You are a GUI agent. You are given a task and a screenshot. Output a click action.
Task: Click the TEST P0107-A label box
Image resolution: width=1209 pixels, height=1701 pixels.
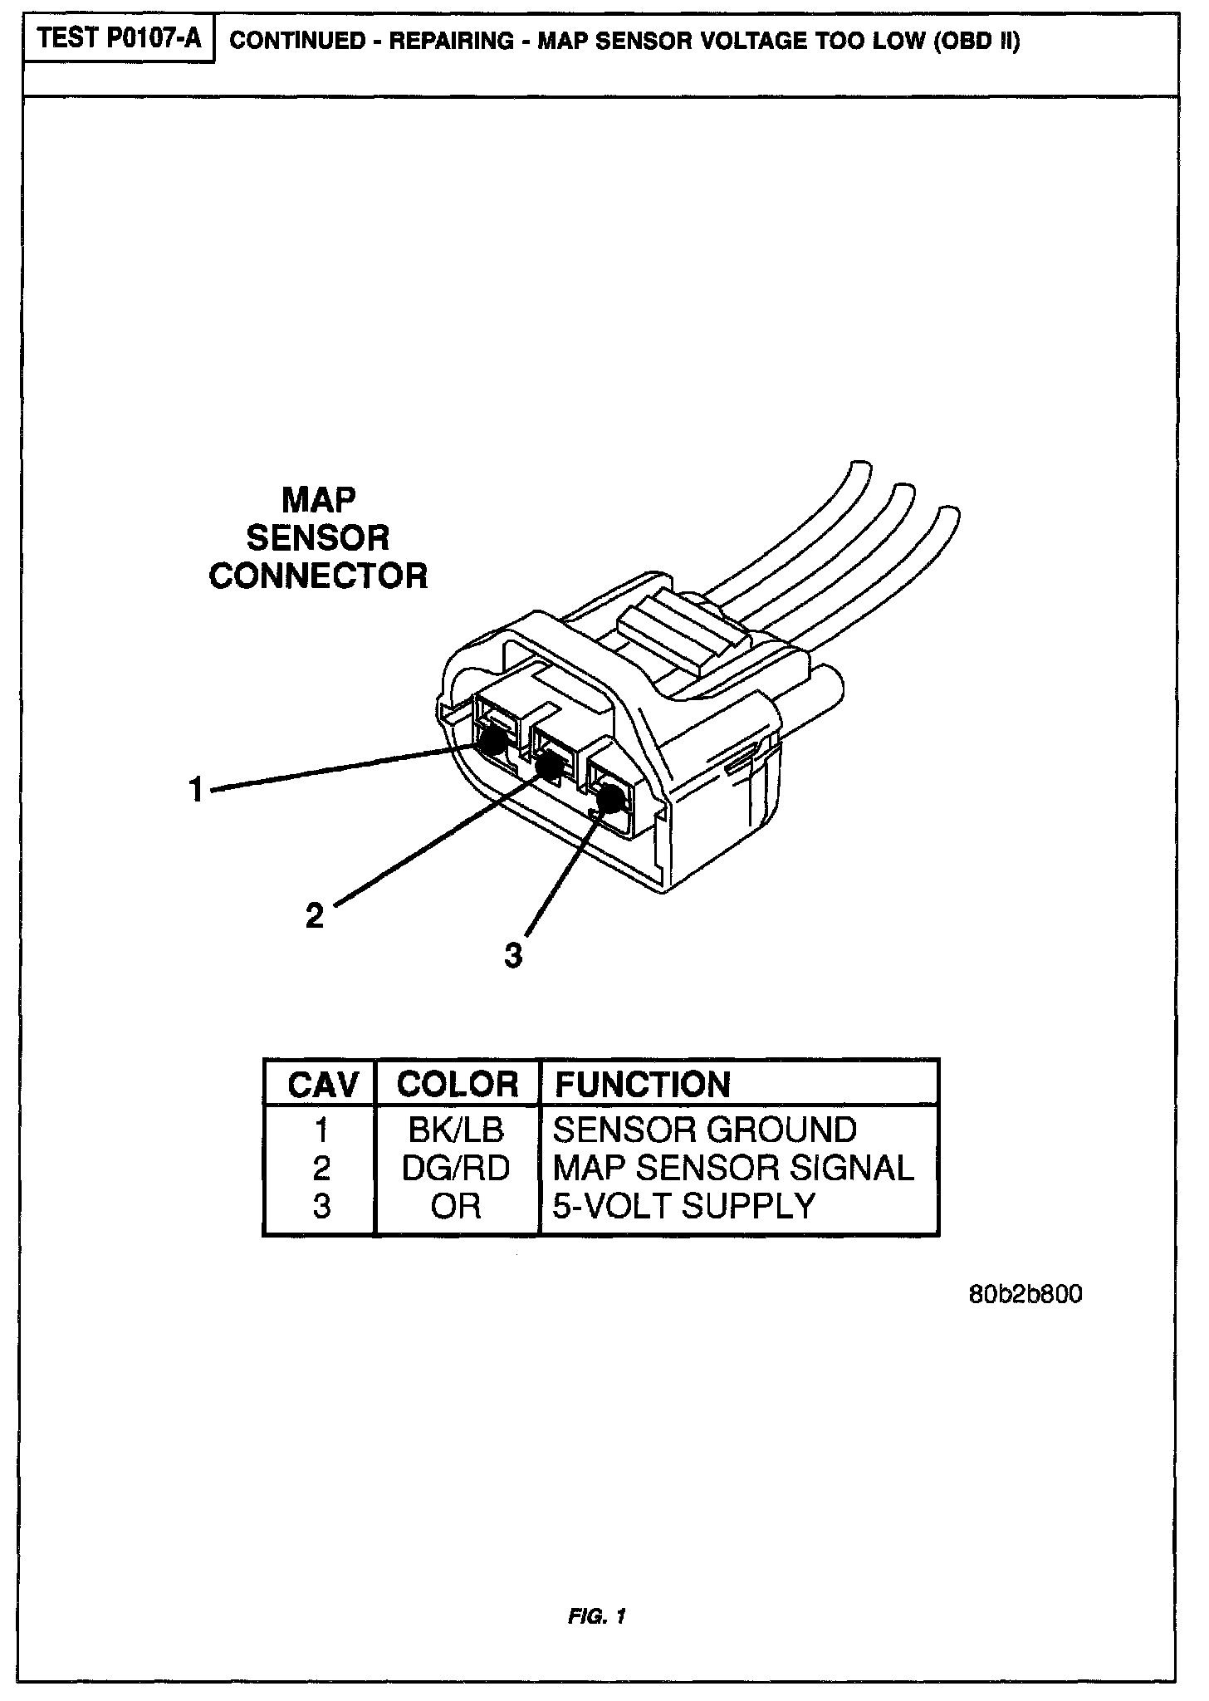(120, 40)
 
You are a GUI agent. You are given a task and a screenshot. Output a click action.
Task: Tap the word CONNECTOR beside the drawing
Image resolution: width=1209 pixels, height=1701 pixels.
(318, 576)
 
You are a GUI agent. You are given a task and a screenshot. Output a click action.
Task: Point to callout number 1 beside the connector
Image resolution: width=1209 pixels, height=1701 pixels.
(196, 789)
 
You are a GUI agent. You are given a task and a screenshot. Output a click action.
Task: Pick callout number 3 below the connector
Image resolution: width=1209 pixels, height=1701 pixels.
(514, 956)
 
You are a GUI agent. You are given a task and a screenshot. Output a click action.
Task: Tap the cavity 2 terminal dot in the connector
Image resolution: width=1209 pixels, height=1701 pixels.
(548, 766)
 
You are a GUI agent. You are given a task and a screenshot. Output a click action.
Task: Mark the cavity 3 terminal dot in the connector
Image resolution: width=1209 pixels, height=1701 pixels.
(610, 799)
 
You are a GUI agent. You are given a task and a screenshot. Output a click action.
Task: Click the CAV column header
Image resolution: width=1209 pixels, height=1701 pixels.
(322, 1085)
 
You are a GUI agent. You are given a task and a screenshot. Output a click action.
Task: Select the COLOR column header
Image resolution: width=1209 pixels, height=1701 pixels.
(457, 1084)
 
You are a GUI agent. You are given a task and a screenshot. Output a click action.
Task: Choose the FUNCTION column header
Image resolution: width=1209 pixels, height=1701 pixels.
(642, 1085)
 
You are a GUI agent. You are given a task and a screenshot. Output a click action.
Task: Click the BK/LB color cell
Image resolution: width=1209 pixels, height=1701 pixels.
(456, 1130)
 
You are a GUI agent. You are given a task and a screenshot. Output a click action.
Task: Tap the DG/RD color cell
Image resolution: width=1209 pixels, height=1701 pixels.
(456, 1168)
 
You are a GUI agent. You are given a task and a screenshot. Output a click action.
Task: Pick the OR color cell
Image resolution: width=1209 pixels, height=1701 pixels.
(456, 1206)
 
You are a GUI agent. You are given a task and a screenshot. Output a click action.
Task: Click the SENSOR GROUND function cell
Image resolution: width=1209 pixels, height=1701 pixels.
(704, 1130)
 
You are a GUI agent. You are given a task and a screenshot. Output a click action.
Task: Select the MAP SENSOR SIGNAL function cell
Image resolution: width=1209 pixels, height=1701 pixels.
(732, 1168)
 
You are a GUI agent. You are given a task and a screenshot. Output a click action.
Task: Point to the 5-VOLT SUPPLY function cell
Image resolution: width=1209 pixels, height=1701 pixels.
(683, 1206)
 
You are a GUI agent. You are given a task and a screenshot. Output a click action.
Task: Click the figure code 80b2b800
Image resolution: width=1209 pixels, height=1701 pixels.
(1025, 1295)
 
